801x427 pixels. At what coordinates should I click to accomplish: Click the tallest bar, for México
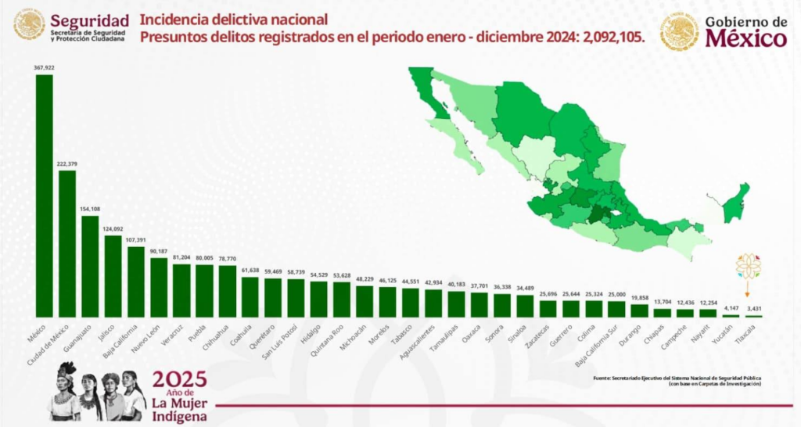click(x=45, y=196)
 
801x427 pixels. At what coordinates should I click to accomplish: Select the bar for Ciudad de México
click(x=67, y=243)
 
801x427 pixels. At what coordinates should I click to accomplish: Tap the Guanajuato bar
click(x=90, y=266)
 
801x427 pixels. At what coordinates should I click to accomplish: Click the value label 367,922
click(x=45, y=68)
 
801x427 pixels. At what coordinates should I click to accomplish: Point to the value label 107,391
click(x=136, y=240)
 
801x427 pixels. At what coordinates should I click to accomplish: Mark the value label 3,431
click(x=753, y=309)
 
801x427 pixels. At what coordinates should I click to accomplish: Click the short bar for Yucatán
click(x=731, y=315)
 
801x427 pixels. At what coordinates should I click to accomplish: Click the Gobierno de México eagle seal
click(x=679, y=31)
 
